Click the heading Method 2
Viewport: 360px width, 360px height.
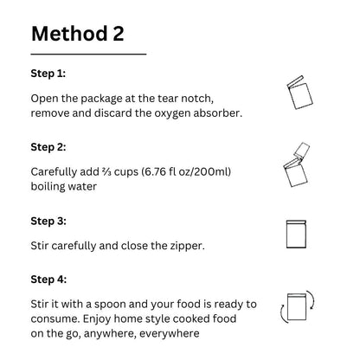pyautogui.click(x=78, y=34)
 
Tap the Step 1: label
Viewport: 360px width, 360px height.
pyautogui.click(x=48, y=74)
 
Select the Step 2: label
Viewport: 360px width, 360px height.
pyautogui.click(x=48, y=147)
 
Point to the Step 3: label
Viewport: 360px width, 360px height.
pyautogui.click(x=48, y=221)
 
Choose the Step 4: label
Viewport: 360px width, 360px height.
pyautogui.click(x=48, y=280)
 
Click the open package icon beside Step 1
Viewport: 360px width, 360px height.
pyautogui.click(x=299, y=93)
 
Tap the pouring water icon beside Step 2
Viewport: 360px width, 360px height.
pyautogui.click(x=297, y=164)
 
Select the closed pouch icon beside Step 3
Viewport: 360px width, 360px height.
pyautogui.click(x=296, y=235)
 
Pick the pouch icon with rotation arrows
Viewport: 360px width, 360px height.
pyautogui.click(x=297, y=306)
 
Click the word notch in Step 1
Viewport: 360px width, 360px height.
pyautogui.click(x=197, y=99)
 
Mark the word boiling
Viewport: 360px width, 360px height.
pyautogui.click(x=48, y=187)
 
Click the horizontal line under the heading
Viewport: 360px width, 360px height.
pyautogui.click(x=88, y=54)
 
